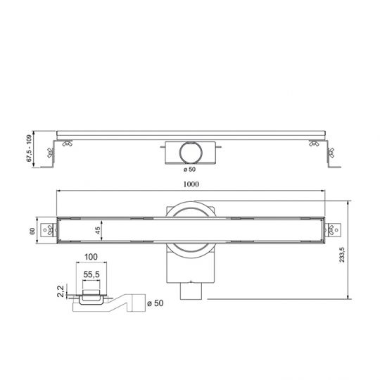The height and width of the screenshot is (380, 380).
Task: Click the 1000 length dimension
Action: [189, 184]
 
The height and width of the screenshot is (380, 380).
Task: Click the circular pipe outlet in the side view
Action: [189, 151]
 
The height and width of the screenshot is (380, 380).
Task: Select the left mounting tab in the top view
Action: [49, 230]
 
